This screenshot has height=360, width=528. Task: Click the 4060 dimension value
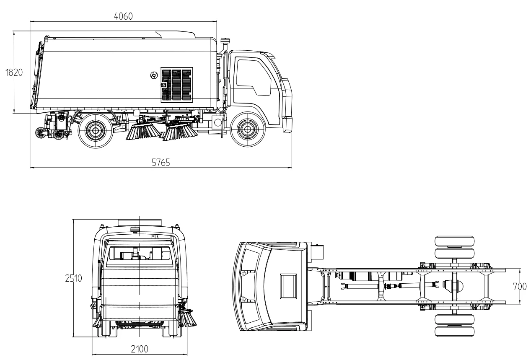[x=123, y=16]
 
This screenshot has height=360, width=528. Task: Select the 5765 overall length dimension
[x=160, y=163]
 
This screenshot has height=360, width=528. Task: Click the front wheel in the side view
[x=245, y=130]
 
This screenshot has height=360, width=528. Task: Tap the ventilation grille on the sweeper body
[x=177, y=85]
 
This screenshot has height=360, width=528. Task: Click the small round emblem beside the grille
[x=154, y=75]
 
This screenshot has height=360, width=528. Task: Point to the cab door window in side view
[x=251, y=75]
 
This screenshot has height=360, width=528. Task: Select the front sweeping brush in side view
[x=179, y=131]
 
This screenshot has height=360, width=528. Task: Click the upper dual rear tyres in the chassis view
[x=454, y=248]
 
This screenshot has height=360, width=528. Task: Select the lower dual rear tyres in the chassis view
[x=454, y=325]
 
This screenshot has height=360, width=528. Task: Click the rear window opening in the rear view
[x=139, y=255]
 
